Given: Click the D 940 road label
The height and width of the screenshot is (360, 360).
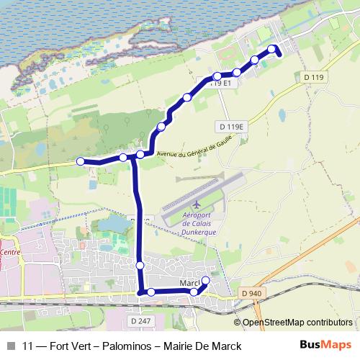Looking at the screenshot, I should (252, 293).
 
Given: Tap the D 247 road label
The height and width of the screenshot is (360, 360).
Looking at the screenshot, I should (141, 320).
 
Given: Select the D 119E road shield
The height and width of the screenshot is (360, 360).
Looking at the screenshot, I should (231, 126).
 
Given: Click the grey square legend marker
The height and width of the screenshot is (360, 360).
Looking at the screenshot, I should (10, 346).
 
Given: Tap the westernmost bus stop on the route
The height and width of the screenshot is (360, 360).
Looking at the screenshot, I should (81, 161).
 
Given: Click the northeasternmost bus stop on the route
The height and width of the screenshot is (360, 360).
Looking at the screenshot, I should (272, 49).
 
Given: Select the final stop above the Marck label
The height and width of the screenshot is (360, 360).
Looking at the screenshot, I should (205, 280).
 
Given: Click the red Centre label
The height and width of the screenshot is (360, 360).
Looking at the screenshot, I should (11, 253).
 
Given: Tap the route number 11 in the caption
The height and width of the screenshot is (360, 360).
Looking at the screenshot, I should (28, 346).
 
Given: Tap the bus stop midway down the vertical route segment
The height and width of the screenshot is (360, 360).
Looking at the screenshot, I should (140, 266).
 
